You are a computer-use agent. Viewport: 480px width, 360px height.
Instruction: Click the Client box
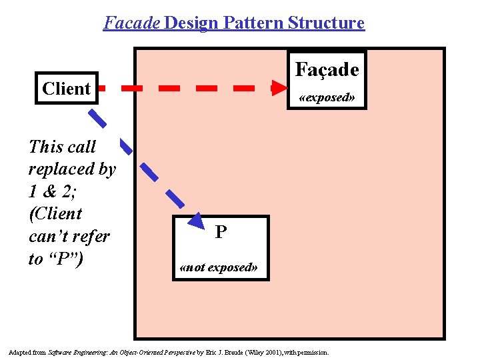point(66,88)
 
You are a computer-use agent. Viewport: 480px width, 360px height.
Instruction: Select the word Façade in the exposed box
point(327,69)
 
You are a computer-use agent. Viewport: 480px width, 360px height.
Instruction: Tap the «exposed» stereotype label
point(327,97)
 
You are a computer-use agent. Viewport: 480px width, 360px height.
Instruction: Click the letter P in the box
point(221,233)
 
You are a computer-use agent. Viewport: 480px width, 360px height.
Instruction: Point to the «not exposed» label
point(219,268)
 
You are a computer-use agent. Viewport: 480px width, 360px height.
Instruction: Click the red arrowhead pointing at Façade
point(280,87)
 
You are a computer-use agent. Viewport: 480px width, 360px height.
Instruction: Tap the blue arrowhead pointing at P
point(195,222)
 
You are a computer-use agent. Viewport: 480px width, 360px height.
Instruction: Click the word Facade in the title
point(131,23)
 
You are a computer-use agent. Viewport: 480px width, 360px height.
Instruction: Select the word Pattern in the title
point(253,23)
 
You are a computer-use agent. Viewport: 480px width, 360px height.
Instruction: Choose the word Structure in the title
point(326,23)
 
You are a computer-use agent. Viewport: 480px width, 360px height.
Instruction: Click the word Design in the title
point(191,23)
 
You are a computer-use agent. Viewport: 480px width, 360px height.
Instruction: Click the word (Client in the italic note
point(55,214)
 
